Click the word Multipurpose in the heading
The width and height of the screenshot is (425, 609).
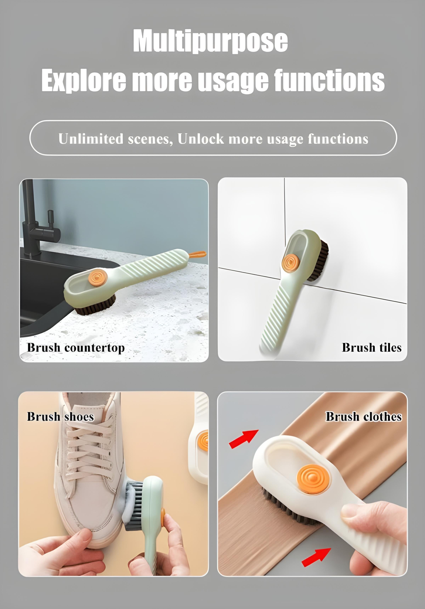[x=210, y=41]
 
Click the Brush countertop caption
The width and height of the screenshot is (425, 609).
[x=76, y=348]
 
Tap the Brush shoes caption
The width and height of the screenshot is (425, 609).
[x=61, y=416]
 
